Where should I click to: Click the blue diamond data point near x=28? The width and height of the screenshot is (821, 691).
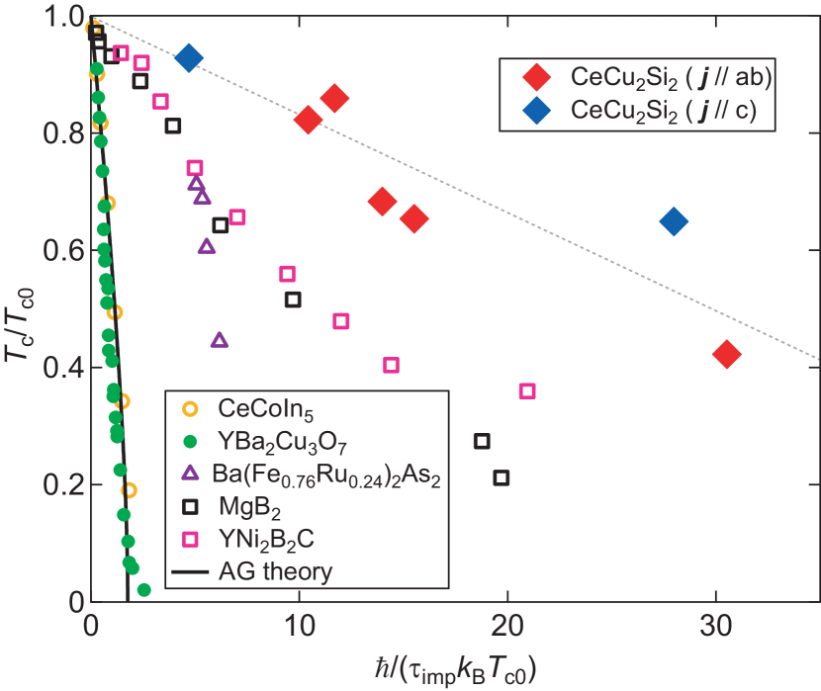click(673, 221)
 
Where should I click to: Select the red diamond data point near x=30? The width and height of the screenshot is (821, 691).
click(726, 355)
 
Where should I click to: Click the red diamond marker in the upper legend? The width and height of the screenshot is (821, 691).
click(536, 77)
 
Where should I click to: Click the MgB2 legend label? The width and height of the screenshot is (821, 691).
click(245, 509)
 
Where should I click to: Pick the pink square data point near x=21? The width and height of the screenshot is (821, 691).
click(527, 391)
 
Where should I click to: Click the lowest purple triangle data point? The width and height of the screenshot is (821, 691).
click(220, 340)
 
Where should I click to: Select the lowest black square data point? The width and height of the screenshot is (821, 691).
click(502, 477)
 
